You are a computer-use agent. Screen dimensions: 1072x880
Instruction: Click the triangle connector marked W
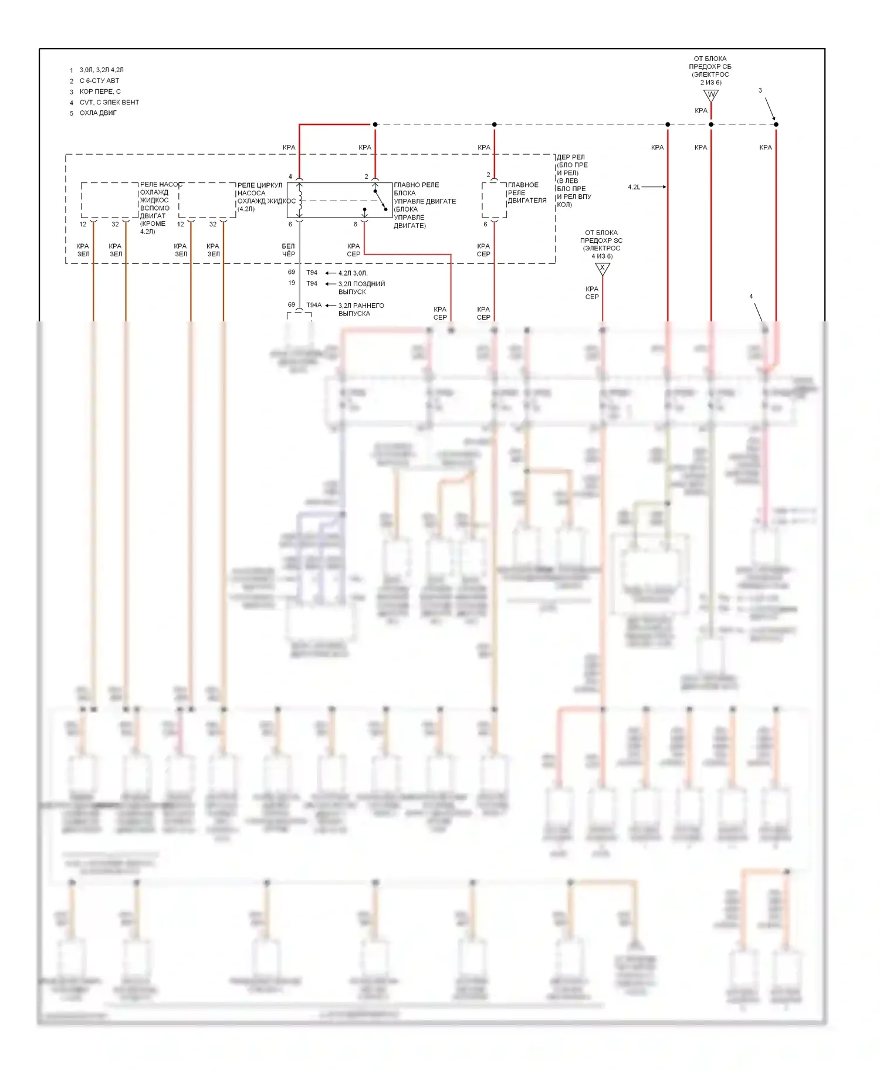coord(711,95)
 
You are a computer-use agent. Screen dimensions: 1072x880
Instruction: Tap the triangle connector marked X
coord(603,269)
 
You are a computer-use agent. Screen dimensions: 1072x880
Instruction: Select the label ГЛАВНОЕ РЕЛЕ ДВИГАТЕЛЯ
coord(527,193)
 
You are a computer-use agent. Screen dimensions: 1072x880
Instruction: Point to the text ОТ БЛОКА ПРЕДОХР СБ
coord(710,66)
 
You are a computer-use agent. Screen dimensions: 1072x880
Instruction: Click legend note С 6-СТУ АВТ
coord(99,81)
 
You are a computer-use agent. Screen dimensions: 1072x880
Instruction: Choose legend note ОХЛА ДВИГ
coord(98,113)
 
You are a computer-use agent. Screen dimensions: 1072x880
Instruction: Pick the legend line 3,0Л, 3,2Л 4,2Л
coord(101,70)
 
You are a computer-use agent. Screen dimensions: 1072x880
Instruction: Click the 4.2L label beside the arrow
coord(634,187)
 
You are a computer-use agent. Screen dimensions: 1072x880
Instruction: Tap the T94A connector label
coord(314,305)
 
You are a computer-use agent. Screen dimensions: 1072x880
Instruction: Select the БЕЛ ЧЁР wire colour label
coord(289,250)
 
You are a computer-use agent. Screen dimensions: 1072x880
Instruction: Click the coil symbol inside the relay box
coord(300,200)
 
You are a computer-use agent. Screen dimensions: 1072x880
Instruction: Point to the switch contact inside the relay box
coord(379,199)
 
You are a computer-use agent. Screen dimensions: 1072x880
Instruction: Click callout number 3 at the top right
coord(760,91)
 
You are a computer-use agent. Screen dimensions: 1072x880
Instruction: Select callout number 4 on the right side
coord(751,297)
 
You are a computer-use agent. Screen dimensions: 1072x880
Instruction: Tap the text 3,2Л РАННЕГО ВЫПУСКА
coord(361,310)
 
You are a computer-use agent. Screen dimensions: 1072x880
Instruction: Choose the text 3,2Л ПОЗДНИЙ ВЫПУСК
coord(361,288)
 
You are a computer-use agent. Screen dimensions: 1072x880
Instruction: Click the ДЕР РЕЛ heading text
coord(570,157)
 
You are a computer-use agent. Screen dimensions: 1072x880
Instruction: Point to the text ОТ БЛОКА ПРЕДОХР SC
coord(601,240)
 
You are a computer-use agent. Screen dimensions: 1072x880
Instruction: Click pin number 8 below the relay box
coord(355,225)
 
